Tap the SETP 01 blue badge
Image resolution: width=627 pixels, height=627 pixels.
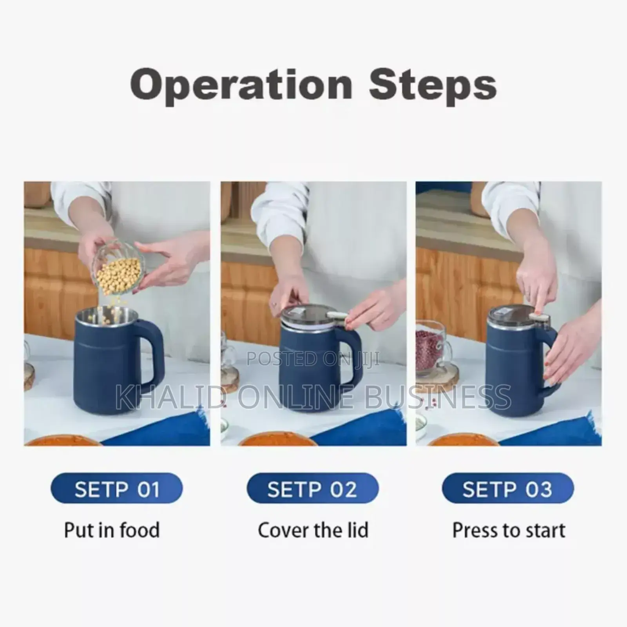click(x=117, y=489)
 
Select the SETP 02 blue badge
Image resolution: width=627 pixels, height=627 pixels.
click(x=312, y=489)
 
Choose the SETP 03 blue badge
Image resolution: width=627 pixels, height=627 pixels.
click(x=507, y=489)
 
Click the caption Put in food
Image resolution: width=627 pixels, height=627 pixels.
click(x=112, y=530)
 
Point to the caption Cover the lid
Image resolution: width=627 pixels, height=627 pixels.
click(x=313, y=530)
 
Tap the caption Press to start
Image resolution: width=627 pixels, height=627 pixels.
click(x=509, y=530)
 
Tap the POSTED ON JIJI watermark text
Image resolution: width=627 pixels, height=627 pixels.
click(x=313, y=359)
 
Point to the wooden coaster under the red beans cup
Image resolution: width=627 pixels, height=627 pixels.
click(x=437, y=376)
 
